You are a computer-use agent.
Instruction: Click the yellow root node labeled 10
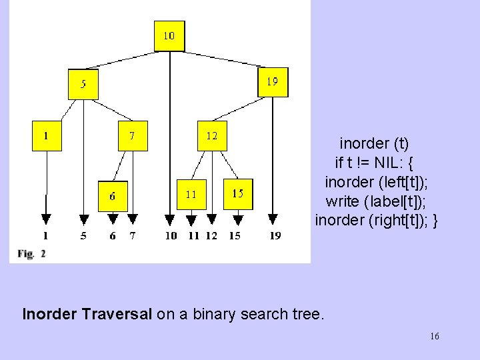tap(169, 36)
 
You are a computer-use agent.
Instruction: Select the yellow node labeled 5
tap(83, 84)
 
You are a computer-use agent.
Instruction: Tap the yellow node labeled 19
tap(273, 82)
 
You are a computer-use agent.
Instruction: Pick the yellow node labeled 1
tap(47, 135)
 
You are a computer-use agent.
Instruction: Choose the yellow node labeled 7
tap(133, 135)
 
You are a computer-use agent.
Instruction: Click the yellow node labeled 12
tap(212, 135)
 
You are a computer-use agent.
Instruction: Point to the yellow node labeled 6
tap(113, 196)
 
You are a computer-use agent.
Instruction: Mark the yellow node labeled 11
tap(191, 195)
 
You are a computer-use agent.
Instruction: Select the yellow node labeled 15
tap(238, 193)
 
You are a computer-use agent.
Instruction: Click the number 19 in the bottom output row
tap(275, 235)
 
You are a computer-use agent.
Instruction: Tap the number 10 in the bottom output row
tap(171, 235)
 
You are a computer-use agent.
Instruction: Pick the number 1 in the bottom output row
tap(46, 235)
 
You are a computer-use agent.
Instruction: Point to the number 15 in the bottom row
tap(235, 235)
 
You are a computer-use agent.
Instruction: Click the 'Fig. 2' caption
tap(32, 253)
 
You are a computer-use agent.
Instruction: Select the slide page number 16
tap(435, 337)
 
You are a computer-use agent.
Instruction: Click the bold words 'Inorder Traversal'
tap(87, 313)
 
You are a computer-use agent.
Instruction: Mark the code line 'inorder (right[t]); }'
tap(377, 220)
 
